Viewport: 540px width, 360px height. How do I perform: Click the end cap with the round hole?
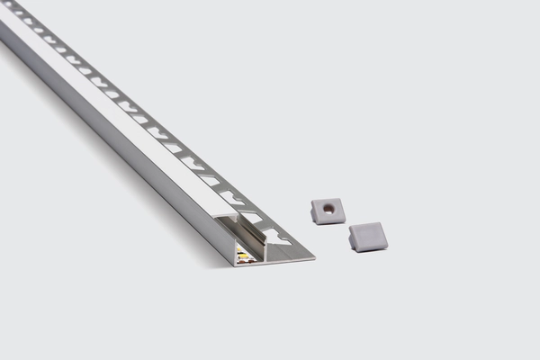coord(328,211)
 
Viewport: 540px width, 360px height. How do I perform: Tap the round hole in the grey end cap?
coord(329,209)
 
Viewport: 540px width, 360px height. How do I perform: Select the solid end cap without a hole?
coord(368,236)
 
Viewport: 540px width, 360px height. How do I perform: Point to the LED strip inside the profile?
coord(246,256)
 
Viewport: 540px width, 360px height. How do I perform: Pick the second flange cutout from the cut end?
coord(251,217)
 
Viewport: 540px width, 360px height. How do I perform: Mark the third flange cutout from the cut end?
coord(231,197)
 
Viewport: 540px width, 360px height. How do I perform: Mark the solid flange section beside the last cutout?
coord(292,250)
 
